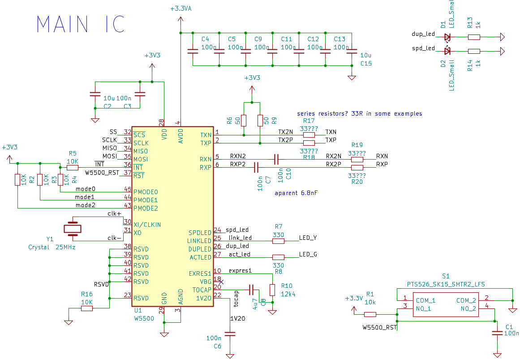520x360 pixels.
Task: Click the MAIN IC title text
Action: pos(80,24)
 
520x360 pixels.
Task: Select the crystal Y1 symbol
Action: pos(72,229)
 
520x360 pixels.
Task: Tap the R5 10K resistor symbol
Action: pos(72,168)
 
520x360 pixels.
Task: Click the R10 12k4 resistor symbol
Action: pos(272,290)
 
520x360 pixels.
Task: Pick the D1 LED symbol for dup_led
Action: pos(447,37)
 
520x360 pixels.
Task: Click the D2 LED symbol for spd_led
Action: pos(447,51)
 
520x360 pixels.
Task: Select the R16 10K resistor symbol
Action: pos(87,308)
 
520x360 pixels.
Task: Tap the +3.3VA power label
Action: pos(181,9)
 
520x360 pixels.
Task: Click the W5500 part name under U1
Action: pos(144,318)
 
